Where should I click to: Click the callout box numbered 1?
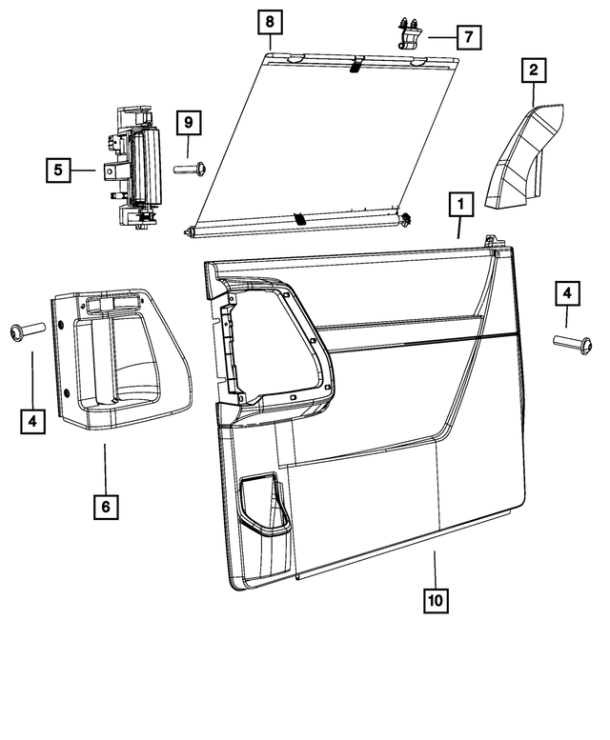click(x=460, y=204)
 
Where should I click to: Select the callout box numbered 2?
click(x=533, y=69)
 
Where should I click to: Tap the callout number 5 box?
click(x=58, y=170)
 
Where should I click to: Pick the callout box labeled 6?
click(x=106, y=506)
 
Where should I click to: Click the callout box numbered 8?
click(x=269, y=20)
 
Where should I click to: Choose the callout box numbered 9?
click(x=188, y=122)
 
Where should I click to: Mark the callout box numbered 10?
click(x=436, y=600)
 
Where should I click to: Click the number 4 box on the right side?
click(x=566, y=294)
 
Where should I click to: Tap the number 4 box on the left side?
click(x=33, y=419)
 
